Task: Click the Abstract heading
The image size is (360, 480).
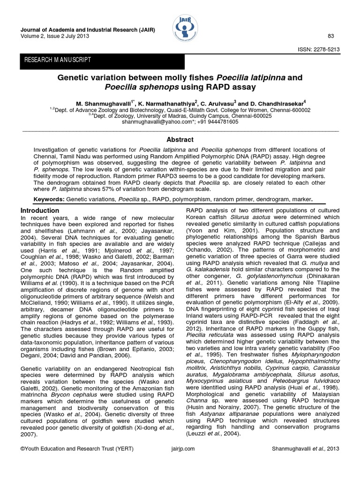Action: (x=180, y=139)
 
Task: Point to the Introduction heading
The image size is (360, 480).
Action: (x=40, y=211)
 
